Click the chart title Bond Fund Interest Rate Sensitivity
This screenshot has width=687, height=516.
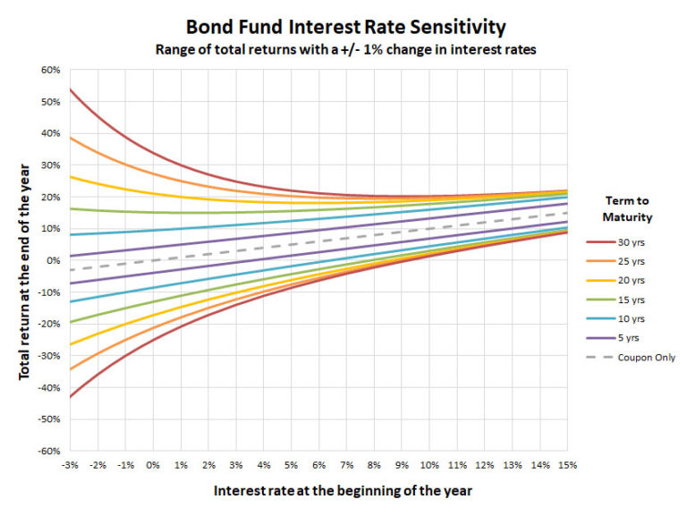[345, 27]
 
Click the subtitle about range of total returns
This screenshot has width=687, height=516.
[345, 49]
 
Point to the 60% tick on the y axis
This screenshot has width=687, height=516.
[51, 70]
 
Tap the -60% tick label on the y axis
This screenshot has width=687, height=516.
[49, 452]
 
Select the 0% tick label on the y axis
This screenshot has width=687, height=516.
[54, 260]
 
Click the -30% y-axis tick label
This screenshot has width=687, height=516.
[49, 356]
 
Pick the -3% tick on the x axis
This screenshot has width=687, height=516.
[70, 465]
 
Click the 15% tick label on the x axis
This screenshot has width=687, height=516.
[567, 465]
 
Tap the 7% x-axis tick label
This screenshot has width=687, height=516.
[346, 465]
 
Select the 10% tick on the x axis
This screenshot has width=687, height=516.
[429, 465]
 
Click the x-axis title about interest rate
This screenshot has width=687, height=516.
[343, 491]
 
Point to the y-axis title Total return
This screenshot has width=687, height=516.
[24, 272]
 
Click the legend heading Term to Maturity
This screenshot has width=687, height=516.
[627, 209]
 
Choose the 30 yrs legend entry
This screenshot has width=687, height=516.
[615, 242]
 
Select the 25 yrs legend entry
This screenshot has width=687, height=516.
[615, 261]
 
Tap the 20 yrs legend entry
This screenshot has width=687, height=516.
[615, 280]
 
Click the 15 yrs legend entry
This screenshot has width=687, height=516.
[615, 300]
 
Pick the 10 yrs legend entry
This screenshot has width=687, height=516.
[615, 319]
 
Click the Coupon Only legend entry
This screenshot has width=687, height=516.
[631, 358]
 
